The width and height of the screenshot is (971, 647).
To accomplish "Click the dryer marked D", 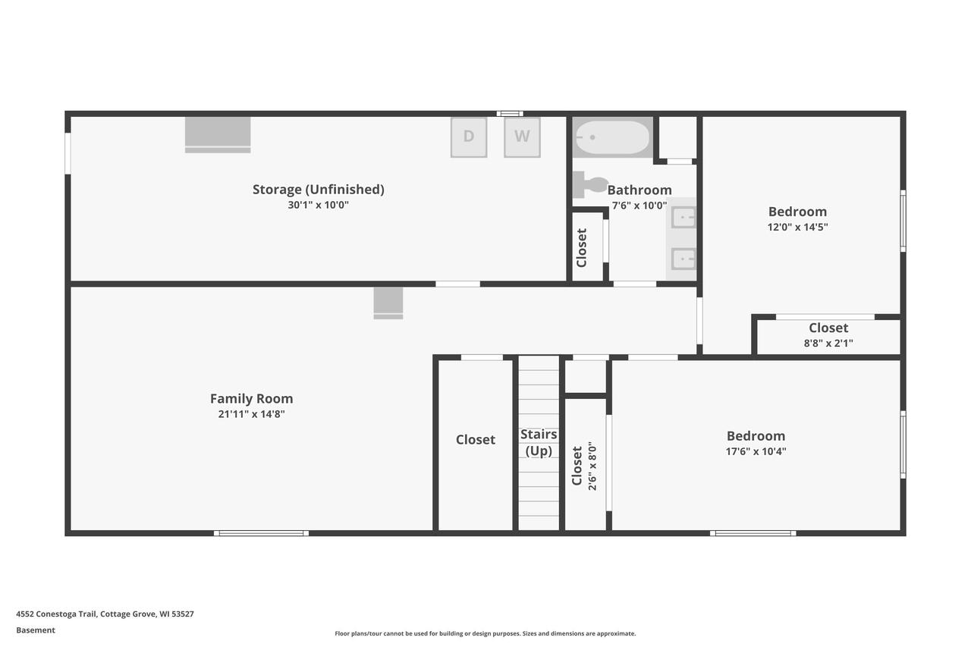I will pyautogui.click(x=469, y=137).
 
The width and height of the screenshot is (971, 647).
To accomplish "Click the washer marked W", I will pyautogui.click(x=522, y=137).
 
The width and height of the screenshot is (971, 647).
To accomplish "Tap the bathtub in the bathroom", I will pyautogui.click(x=612, y=138).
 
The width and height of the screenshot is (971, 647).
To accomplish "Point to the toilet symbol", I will pyautogui.click(x=590, y=184).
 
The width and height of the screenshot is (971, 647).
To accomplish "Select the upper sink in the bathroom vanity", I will pyautogui.click(x=683, y=217).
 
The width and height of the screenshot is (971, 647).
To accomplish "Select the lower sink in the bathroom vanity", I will pyautogui.click(x=683, y=259).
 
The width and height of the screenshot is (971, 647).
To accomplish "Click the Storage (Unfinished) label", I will pyautogui.click(x=318, y=190).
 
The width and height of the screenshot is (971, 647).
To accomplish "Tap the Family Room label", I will pyautogui.click(x=251, y=399).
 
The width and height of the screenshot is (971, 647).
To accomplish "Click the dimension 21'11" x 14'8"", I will pyautogui.click(x=251, y=414).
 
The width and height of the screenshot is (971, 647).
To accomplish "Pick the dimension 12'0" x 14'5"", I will pyautogui.click(x=797, y=227).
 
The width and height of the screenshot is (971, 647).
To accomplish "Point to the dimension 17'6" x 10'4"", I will pyautogui.click(x=756, y=451).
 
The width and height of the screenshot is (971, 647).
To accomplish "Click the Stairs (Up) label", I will pyautogui.click(x=539, y=442).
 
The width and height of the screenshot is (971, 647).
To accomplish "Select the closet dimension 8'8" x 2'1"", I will pyautogui.click(x=828, y=343).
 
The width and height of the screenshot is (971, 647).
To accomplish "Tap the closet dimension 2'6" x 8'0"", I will pyautogui.click(x=592, y=466).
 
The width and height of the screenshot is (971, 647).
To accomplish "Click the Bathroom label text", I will pyautogui.click(x=639, y=190).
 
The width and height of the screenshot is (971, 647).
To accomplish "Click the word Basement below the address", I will pyautogui.click(x=36, y=630).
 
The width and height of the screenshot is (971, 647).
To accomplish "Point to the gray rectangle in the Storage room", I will pyautogui.click(x=218, y=134).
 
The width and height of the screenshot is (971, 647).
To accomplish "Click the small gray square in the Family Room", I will pyautogui.click(x=388, y=303).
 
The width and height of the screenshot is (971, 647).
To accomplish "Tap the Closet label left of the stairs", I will pyautogui.click(x=476, y=440).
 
